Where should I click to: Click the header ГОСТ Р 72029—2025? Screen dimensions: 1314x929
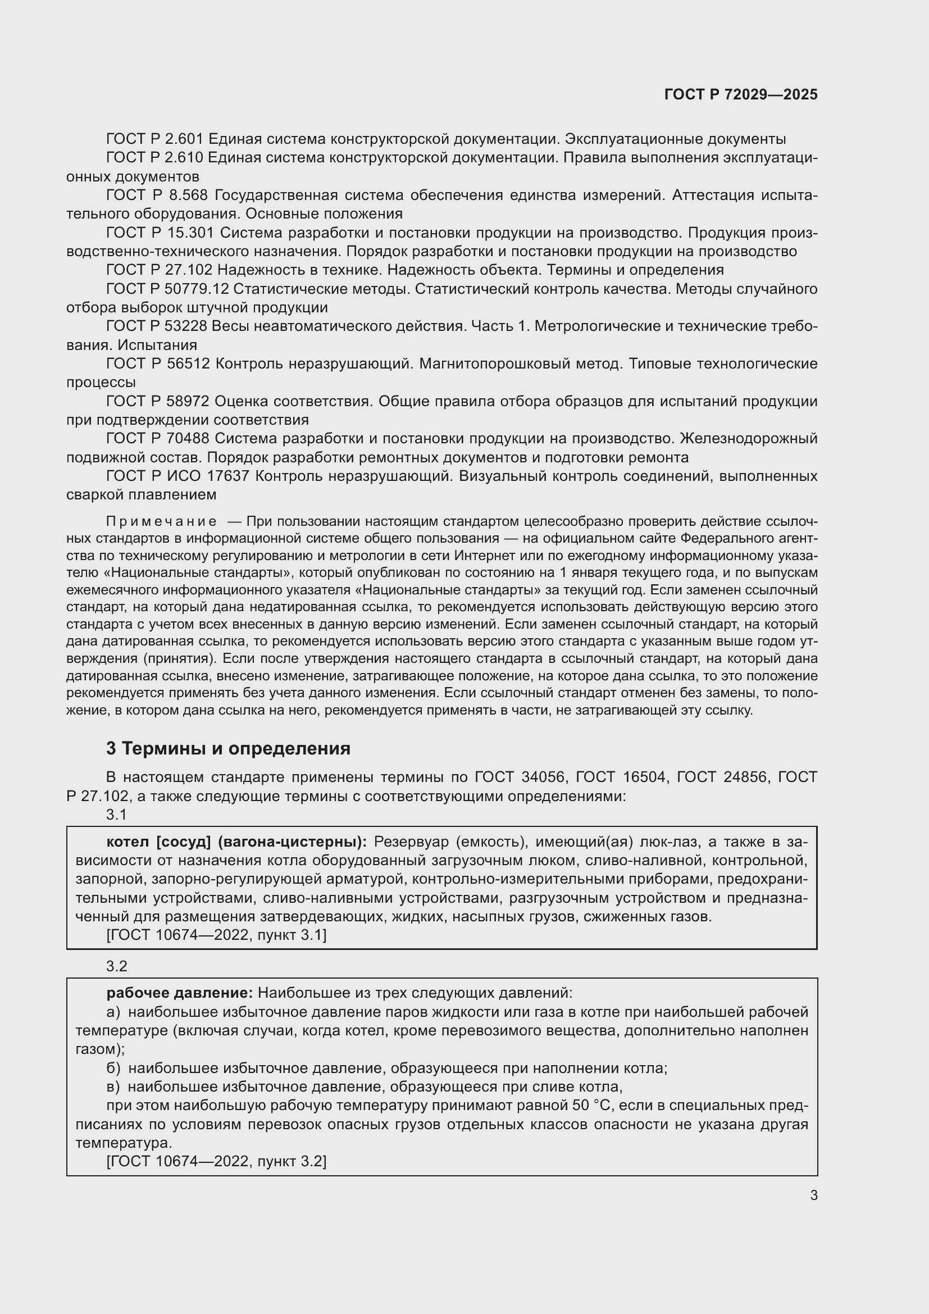[x=741, y=94]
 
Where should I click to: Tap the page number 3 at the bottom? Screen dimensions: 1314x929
[x=813, y=1195]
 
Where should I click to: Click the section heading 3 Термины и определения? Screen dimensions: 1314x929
[x=228, y=748]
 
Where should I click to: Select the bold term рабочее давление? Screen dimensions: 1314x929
[x=180, y=993]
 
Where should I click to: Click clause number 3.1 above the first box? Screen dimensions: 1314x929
[x=116, y=815]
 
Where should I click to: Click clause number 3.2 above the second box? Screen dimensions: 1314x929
[x=116, y=966]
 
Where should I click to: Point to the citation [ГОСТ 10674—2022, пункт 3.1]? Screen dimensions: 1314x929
[x=216, y=935]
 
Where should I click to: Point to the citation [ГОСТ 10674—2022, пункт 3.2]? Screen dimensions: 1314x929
[x=216, y=1161]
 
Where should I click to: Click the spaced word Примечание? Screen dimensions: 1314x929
[x=161, y=521]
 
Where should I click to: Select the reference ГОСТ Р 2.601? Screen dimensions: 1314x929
[x=155, y=139]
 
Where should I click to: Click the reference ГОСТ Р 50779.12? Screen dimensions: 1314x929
[x=167, y=289]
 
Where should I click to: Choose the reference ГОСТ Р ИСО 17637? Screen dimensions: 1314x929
[x=178, y=476]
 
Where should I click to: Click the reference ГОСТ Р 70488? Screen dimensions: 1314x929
[x=158, y=439]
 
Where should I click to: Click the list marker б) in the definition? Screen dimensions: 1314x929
[x=113, y=1068]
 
